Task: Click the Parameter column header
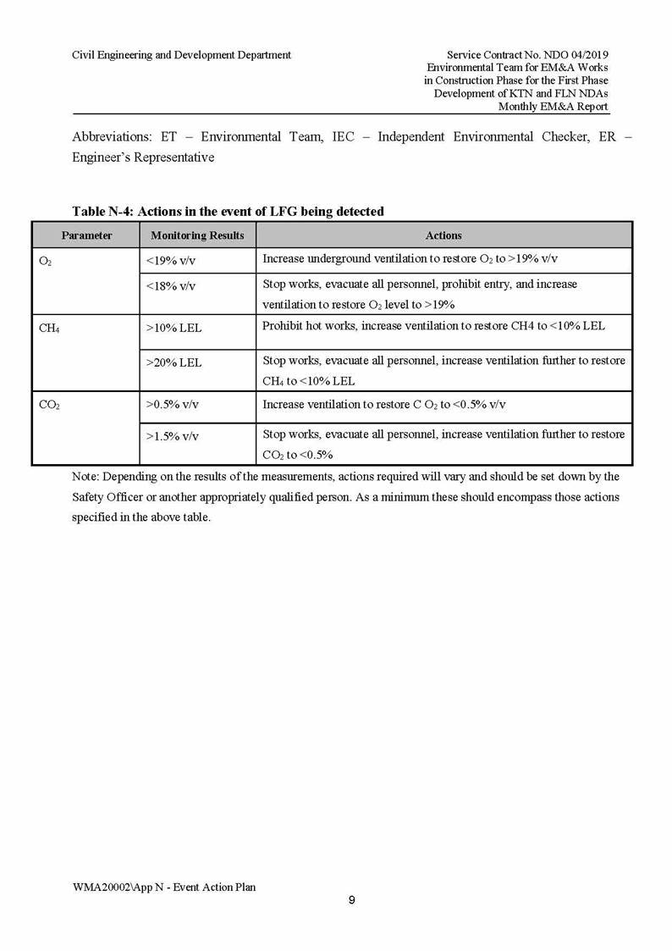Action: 86,235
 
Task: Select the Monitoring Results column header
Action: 197,235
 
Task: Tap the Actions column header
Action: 443,235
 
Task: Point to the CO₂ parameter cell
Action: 49,405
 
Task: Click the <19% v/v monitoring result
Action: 171,261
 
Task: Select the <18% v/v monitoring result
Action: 171,286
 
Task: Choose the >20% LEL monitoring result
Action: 174,362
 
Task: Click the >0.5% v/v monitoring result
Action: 173,405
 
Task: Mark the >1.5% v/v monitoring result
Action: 173,436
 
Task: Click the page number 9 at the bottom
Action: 351,900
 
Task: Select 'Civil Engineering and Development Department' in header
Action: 181,55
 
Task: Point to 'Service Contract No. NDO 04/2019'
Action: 527,55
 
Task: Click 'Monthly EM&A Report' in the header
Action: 553,107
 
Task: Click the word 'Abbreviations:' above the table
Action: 113,136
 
